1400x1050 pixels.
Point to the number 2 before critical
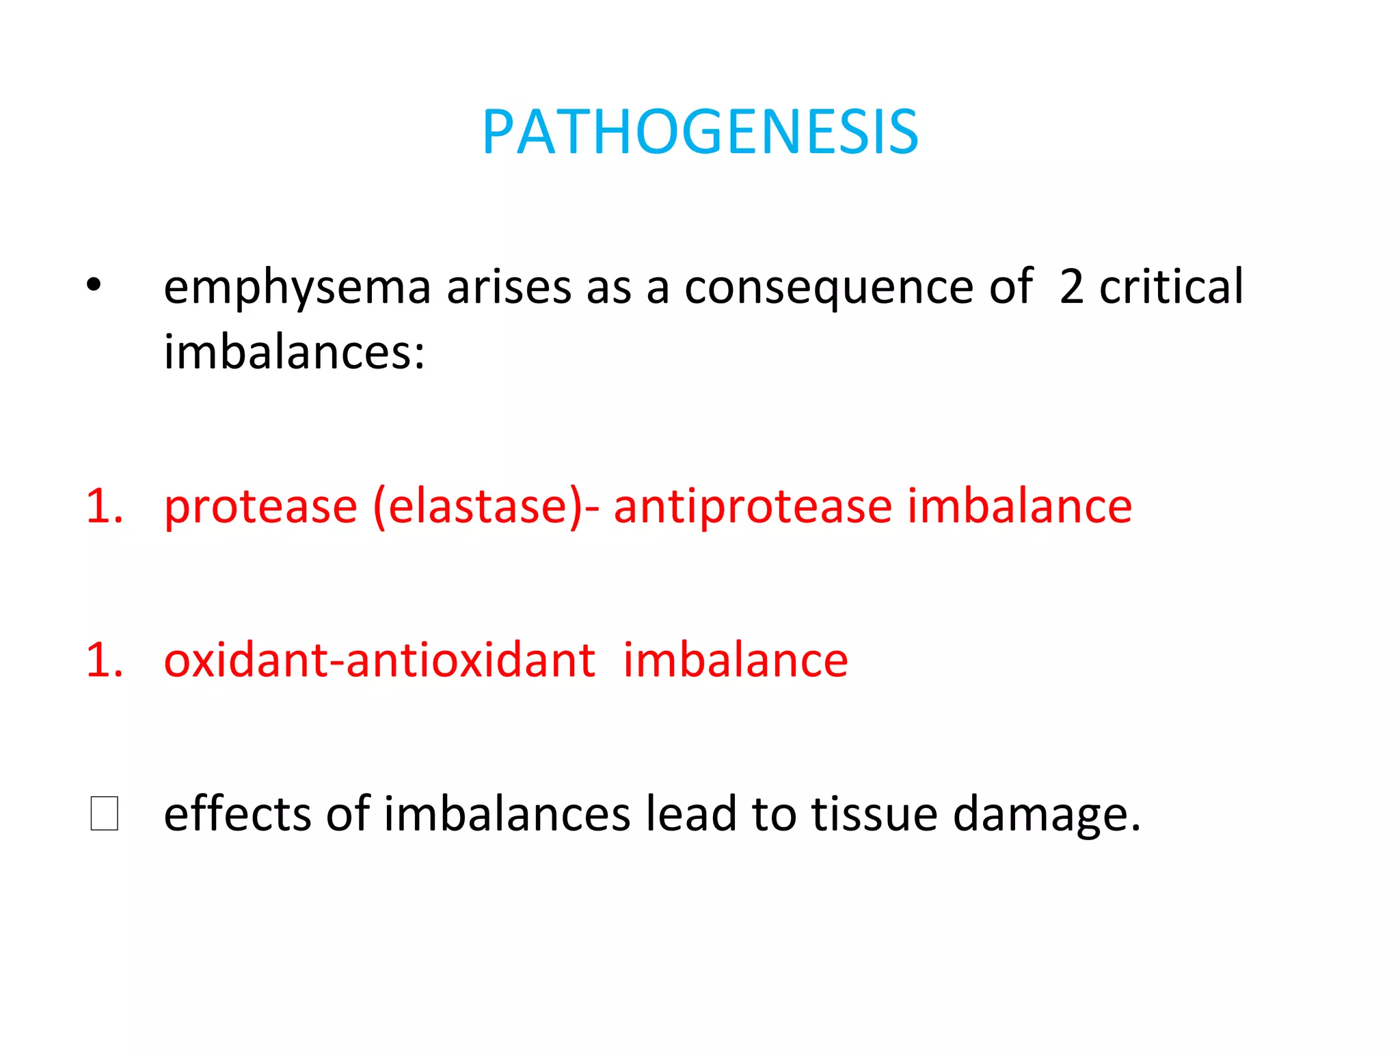tap(1071, 287)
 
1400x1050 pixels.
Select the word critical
tap(1171, 287)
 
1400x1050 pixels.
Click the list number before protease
tap(105, 507)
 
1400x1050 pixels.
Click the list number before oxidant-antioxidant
tap(105, 661)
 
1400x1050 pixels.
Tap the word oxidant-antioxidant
tap(379, 661)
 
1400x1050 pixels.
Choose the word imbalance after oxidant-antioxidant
tap(736, 661)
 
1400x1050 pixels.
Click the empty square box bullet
tap(105, 813)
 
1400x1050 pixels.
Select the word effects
tap(237, 814)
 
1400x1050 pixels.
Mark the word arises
tap(509, 287)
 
